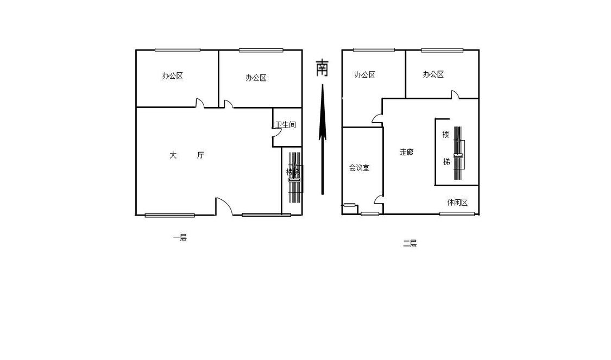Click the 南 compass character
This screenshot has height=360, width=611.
pyautogui.click(x=322, y=68)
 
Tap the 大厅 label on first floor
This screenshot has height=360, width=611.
pyautogui.click(x=186, y=155)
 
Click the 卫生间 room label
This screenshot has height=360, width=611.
pyautogui.click(x=285, y=125)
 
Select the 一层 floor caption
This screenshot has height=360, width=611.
pyautogui.click(x=180, y=237)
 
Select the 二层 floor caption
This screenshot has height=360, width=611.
pyautogui.click(x=410, y=243)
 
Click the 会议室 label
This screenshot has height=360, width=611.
pyautogui.click(x=359, y=168)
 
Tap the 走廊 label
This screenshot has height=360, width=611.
pyautogui.click(x=406, y=152)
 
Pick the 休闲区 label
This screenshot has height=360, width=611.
pyautogui.click(x=457, y=203)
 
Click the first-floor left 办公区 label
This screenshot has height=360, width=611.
pyautogui.click(x=172, y=76)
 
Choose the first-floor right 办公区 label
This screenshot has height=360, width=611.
pyautogui.click(x=256, y=78)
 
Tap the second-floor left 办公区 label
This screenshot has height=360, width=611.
pyautogui.click(x=365, y=75)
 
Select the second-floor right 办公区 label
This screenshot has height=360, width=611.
pyautogui.click(x=433, y=74)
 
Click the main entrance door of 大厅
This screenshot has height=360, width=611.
pyautogui.click(x=224, y=206)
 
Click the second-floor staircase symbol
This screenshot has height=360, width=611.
pyautogui.click(x=458, y=154)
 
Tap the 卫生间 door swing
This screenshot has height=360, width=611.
pyautogui.click(x=277, y=140)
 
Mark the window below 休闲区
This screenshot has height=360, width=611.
pyautogui.click(x=457, y=214)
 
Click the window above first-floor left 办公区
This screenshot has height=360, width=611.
pyautogui.click(x=178, y=50)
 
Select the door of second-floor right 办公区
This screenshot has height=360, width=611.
pyautogui.click(x=455, y=94)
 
